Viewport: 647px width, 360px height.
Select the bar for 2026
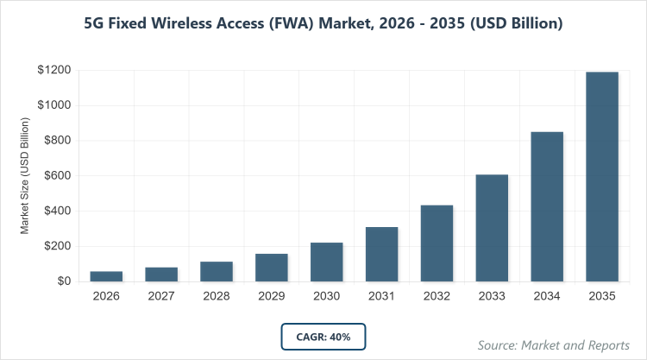coord(106,276)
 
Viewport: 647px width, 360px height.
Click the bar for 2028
coord(217,271)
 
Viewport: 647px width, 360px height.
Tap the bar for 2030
coord(327,262)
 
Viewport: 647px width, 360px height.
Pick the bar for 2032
coord(437,243)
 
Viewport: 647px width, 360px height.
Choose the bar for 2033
coord(492,228)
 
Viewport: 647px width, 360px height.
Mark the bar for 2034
coord(547,206)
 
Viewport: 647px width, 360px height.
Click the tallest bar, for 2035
coord(602,176)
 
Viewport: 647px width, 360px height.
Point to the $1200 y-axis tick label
coord(53,70)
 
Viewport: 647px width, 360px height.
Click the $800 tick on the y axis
coord(57,141)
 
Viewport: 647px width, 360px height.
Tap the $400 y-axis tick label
coord(57,212)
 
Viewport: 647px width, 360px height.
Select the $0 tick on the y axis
coord(64,281)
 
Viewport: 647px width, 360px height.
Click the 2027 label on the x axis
coord(161,296)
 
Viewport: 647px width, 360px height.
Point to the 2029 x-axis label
coord(272,296)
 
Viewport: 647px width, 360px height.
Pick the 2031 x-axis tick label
coord(381,296)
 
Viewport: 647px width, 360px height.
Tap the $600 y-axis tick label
coord(57,176)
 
